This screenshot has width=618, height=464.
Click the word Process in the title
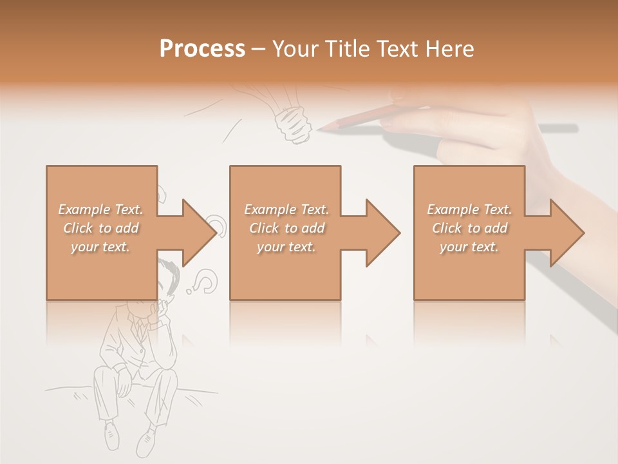click(202, 49)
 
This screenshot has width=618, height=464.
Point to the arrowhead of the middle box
click(382, 233)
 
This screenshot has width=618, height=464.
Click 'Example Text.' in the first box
click(101, 209)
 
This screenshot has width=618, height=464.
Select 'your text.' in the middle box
click(286, 247)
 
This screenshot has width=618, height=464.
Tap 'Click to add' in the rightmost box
click(469, 228)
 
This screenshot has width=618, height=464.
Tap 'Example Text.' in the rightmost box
click(469, 209)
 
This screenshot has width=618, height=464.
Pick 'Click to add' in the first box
click(101, 228)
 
